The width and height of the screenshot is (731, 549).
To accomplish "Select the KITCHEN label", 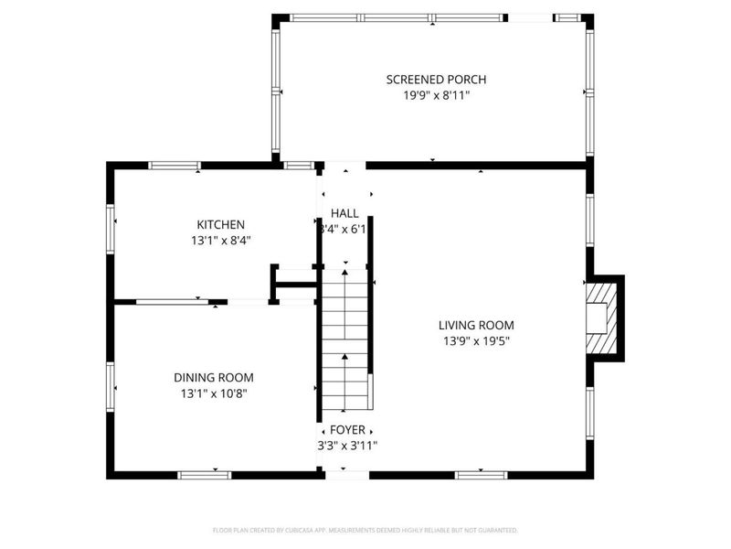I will click(x=220, y=224).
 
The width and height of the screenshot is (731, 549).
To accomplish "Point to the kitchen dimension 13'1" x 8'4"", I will click(x=220, y=240).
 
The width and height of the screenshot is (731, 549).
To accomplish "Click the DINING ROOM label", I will click(x=214, y=377).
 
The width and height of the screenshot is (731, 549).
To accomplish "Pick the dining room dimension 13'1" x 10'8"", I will click(x=214, y=393).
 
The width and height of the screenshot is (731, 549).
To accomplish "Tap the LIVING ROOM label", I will click(x=476, y=325).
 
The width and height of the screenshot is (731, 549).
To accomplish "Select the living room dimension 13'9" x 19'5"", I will click(x=476, y=340).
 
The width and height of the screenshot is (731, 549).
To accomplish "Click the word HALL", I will click(x=344, y=213).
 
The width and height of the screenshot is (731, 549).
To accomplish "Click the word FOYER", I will click(x=346, y=429).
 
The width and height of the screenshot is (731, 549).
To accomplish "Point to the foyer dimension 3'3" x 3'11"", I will click(x=344, y=446).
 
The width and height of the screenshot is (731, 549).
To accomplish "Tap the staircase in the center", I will click(x=345, y=339).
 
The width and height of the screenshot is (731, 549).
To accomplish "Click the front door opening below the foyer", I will click(x=345, y=474).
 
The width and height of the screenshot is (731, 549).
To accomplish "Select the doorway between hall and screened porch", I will click(x=344, y=166).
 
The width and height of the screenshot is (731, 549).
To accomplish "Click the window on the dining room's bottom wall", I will click(x=204, y=474).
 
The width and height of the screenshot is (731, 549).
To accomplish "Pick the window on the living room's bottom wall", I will click(x=481, y=474).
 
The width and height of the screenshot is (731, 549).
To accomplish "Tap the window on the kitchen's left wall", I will click(x=111, y=228).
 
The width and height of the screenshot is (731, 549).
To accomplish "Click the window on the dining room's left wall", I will click(x=111, y=388).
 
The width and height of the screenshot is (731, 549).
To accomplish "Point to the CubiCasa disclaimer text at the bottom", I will click(x=365, y=530).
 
